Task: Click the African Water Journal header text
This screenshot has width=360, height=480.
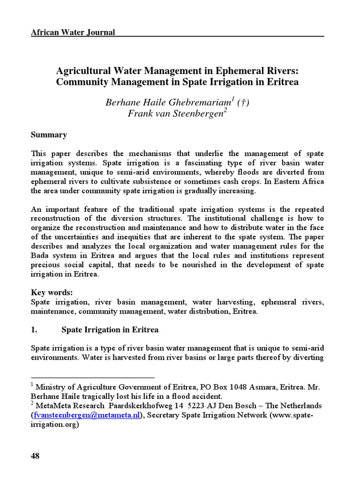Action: [x=73, y=32]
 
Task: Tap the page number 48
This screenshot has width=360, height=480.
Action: [x=35, y=457]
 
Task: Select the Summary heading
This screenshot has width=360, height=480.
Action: [x=49, y=135]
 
